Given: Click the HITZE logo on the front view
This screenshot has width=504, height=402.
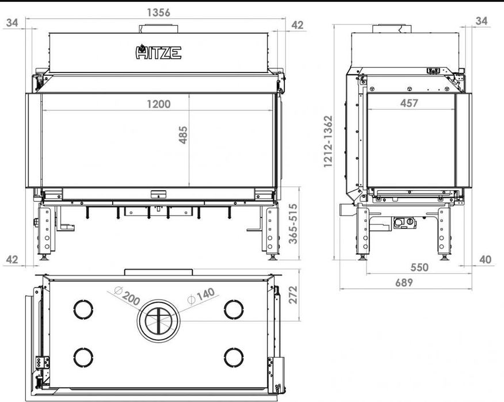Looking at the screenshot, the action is pos(158,52).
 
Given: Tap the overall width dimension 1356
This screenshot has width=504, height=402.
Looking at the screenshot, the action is pos(158,13).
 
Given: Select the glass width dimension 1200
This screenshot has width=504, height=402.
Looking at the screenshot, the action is pos(158,104).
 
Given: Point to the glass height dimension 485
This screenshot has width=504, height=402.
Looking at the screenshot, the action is pos(183,135).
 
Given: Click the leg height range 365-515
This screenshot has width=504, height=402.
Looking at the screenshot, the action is pos(293,224).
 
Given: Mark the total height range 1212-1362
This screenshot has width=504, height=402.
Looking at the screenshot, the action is pos(328,141).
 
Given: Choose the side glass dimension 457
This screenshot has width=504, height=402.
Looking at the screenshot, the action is pos(409,103).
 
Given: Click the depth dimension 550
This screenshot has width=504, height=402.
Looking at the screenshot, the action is pos(419,267).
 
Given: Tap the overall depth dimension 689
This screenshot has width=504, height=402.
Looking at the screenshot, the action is pos(404,282).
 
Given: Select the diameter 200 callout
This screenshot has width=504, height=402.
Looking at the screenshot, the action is pos(127,295).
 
